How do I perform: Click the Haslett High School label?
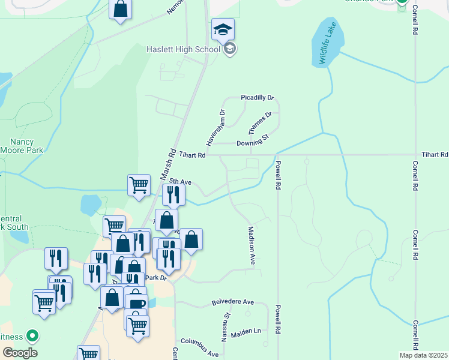pos(182,49)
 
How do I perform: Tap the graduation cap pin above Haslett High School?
pos(223,29)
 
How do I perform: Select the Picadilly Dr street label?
pos(257,97)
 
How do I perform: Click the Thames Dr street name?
pos(260,123)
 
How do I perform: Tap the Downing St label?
pos(252,142)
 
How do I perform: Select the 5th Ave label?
pos(179,181)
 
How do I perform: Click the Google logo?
pos(20,353)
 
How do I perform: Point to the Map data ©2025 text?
pos(423,355)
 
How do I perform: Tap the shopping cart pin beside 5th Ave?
pos(139,185)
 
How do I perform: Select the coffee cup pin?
pos(136,302)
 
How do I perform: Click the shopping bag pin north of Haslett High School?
pos(121,10)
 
